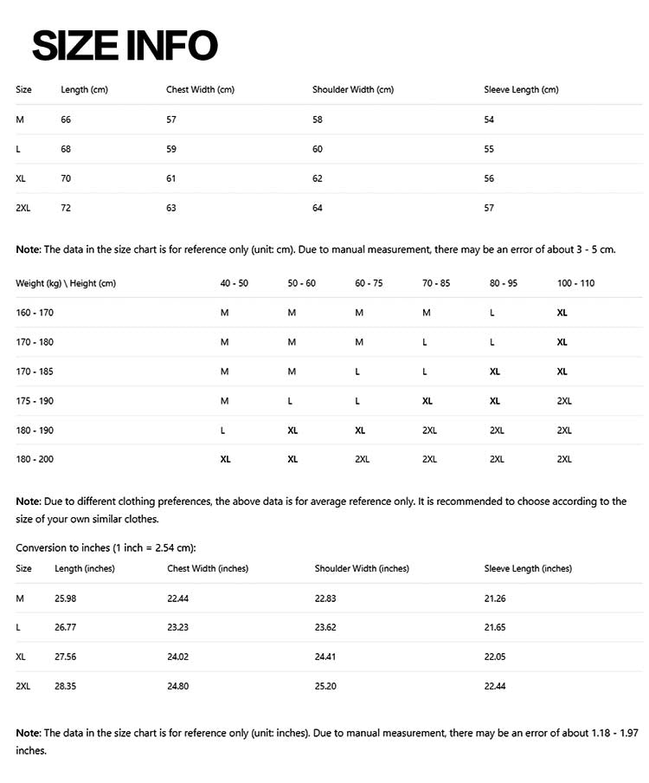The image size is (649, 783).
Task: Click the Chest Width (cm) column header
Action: pos(200,90)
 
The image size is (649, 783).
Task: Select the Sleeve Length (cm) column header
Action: pos(521,90)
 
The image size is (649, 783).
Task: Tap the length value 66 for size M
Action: pos(66,120)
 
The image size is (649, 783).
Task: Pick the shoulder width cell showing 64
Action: pos(318,208)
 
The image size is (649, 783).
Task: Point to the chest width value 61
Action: pos(171,178)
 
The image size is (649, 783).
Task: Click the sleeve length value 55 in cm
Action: pos(489,149)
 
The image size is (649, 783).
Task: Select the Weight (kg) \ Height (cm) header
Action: pos(66,283)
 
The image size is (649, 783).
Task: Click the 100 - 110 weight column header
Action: pos(575,283)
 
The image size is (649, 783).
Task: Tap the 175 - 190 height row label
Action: pos(35,401)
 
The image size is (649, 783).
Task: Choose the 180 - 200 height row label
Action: pos(35,460)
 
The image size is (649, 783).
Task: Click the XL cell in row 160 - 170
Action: pos(562,313)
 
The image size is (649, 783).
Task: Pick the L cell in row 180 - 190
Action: pos(224,430)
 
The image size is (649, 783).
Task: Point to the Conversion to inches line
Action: pos(106,547)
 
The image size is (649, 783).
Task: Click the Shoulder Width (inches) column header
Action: pos(362,569)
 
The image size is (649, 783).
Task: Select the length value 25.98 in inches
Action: pos(66,599)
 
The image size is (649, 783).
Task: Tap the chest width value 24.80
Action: pos(178,687)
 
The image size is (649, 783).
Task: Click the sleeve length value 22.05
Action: pos(495,657)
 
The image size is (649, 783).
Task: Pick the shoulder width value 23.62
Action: pos(325,628)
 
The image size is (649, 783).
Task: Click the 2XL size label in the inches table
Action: pos(23,687)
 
